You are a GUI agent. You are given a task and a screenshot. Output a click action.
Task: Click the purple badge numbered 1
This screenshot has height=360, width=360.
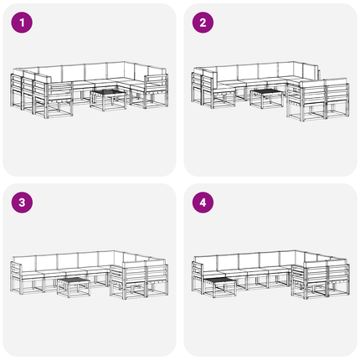tap(22, 23)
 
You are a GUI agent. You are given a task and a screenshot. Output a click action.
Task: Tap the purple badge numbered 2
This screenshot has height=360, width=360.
tap(203, 23)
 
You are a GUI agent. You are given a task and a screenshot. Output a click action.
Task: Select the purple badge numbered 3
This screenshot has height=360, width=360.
tap(22, 203)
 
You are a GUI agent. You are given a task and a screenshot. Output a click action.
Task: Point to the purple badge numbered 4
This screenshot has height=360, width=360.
tap(203, 203)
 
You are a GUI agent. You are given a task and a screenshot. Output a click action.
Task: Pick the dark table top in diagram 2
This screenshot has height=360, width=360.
tap(266, 92)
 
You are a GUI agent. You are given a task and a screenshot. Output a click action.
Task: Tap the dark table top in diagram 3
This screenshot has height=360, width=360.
tap(74, 280)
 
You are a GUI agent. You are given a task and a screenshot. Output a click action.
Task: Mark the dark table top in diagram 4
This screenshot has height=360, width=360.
tap(219, 280)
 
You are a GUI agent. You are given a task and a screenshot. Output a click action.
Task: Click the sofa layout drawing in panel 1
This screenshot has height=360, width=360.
tap(90, 90)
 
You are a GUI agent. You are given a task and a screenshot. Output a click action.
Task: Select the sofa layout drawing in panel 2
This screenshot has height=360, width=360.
tap(270, 91)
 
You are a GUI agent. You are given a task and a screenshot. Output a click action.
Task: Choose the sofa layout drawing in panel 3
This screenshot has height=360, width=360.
tap(90, 275)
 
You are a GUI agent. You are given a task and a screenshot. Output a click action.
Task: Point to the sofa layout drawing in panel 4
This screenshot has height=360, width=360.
tap(270, 275)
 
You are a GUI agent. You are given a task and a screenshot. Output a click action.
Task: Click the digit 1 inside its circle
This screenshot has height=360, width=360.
tap(22, 23)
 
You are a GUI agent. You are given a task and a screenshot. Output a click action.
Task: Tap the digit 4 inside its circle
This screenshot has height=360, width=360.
tap(203, 203)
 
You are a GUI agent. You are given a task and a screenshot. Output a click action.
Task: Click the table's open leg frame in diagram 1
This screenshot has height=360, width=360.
tap(108, 101)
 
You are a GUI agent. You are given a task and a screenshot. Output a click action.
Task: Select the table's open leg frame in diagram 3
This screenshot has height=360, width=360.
tap(74, 290)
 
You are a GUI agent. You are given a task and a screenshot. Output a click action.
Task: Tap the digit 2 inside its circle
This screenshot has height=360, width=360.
tap(203, 23)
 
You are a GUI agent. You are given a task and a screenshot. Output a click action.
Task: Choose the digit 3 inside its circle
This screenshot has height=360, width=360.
tap(22, 203)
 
